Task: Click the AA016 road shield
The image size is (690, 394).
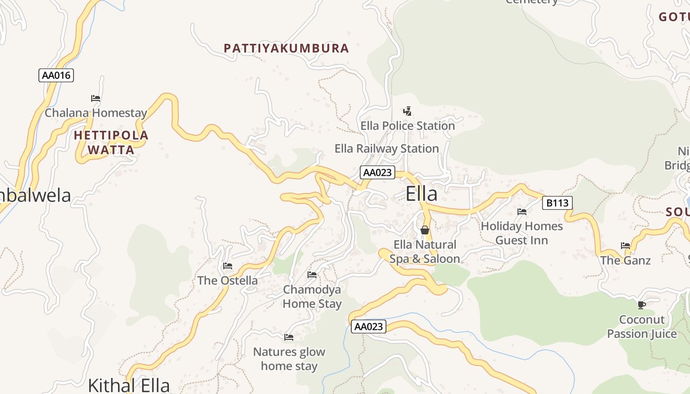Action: pyautogui.click(x=56, y=75)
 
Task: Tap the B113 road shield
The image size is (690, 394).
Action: pyautogui.click(x=557, y=202)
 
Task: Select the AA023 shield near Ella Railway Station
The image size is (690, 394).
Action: pyautogui.click(x=378, y=172)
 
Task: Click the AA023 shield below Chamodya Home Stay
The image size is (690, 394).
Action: pyautogui.click(x=368, y=327)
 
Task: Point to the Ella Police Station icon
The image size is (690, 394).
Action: pyautogui.click(x=407, y=111)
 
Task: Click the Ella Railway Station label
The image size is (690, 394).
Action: pyautogui.click(x=386, y=148)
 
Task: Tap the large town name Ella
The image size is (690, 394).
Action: pyautogui.click(x=421, y=194)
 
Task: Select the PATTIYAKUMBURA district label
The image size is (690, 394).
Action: pyautogui.click(x=286, y=48)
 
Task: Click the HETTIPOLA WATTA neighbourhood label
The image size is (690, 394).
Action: pyautogui.click(x=111, y=142)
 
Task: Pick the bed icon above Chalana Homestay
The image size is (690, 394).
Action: pyautogui.click(x=96, y=98)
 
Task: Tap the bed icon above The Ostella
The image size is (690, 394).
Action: pyautogui.click(x=227, y=266)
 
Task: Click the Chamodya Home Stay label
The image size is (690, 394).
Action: pyautogui.click(x=312, y=296)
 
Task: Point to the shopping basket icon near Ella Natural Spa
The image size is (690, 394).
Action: pyautogui.click(x=425, y=230)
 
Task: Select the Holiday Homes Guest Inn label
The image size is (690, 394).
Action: pyautogui.click(x=521, y=233)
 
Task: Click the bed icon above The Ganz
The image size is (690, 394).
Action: pyautogui.click(x=625, y=246)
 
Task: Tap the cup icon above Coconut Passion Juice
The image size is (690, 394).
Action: pyautogui.click(x=641, y=305)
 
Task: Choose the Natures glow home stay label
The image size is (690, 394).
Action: pyautogui.click(x=289, y=359)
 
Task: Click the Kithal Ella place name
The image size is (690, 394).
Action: pyautogui.click(x=129, y=385)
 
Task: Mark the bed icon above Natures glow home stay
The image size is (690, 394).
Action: pyautogui.click(x=289, y=337)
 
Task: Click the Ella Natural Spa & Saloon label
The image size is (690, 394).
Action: pyautogui.click(x=424, y=252)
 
